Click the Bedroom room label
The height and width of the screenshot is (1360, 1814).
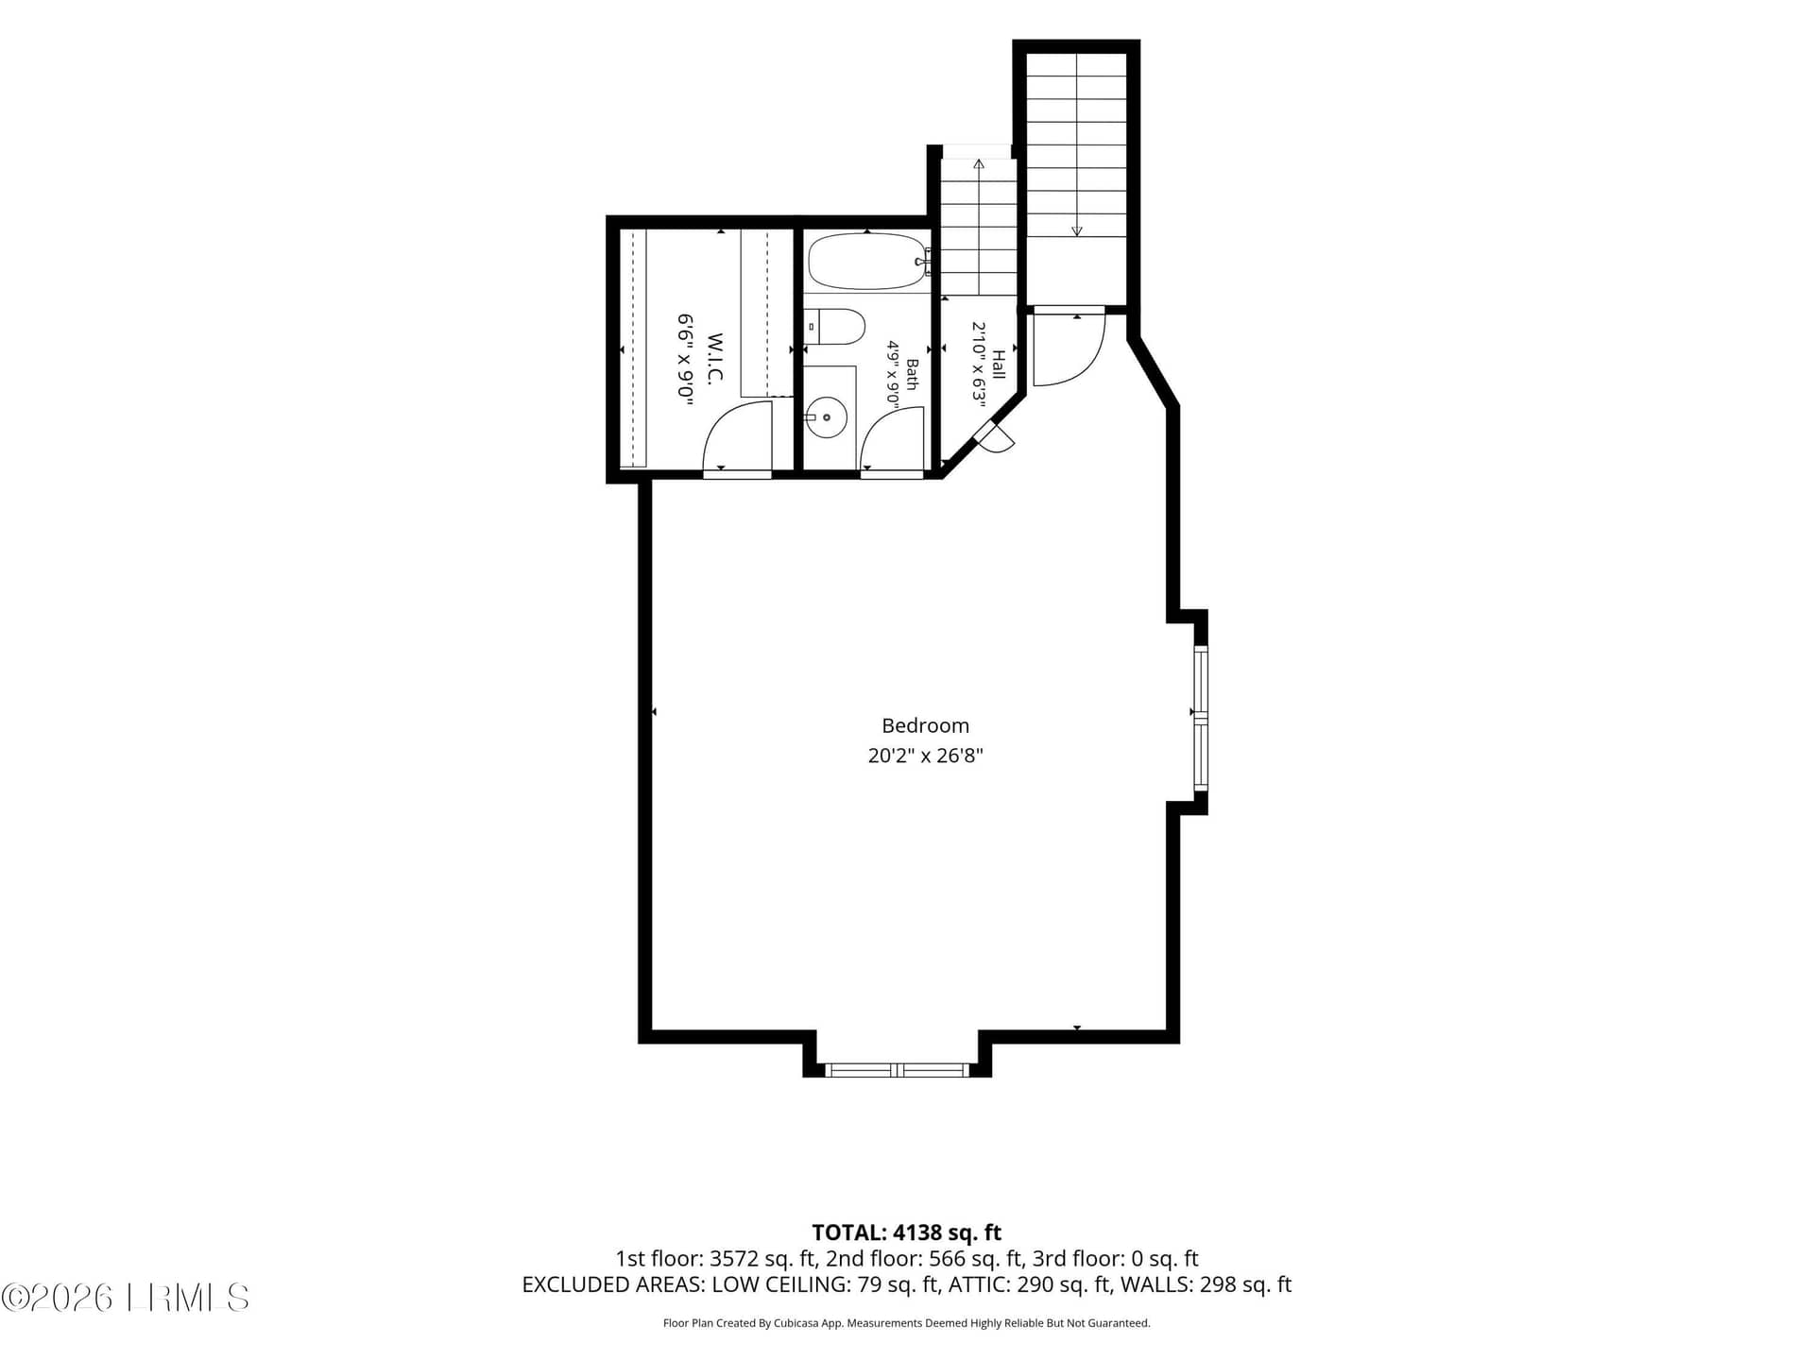point(925,725)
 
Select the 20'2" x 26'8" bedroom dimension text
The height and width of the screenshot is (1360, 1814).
point(925,756)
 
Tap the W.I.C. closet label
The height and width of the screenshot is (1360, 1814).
point(714,359)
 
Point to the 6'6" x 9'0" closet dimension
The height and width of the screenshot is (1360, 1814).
point(686,360)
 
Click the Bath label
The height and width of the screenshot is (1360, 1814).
point(912,374)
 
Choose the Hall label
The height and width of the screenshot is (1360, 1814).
point(998,364)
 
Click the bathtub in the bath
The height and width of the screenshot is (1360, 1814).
point(867,262)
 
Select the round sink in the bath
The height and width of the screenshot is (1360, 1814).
point(827,416)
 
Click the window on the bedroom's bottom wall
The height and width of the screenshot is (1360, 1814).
point(898,1070)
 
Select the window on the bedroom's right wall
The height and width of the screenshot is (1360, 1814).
point(1201,718)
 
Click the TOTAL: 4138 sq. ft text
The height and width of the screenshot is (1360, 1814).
point(907,1232)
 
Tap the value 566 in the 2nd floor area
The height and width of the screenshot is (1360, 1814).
point(947,1259)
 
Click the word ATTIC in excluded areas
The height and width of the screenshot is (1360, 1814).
point(979,1284)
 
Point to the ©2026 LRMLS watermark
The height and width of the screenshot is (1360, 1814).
point(125,1298)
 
